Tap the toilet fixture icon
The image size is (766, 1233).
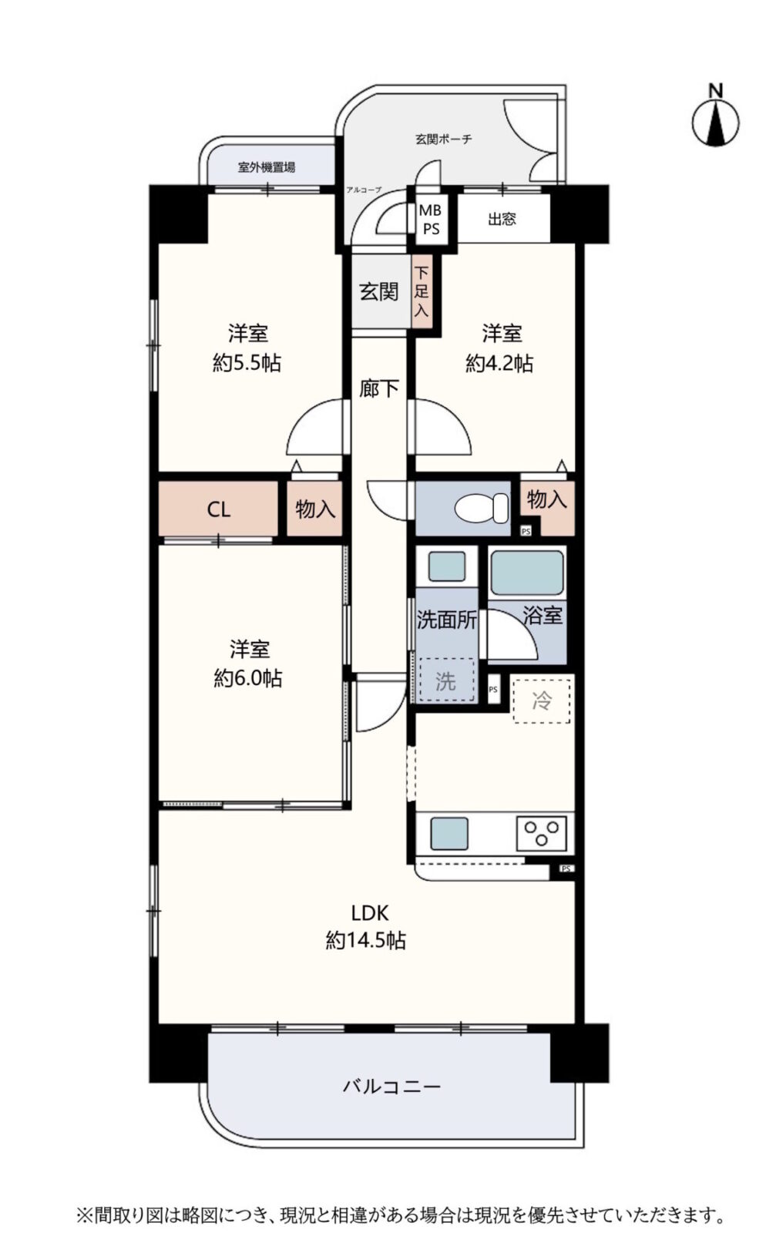[x=482, y=508]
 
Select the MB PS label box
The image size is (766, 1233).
[x=430, y=219]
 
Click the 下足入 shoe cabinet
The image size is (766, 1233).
[x=421, y=291]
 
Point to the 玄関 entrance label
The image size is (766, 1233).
[x=379, y=291]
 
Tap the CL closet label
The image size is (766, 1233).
[x=218, y=509]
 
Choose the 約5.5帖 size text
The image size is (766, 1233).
[x=247, y=363]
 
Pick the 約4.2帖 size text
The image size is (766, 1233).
[x=499, y=363]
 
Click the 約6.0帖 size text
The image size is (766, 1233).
[x=248, y=678]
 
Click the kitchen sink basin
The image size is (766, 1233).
[x=449, y=833]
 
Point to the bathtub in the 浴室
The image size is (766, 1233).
[x=526, y=573]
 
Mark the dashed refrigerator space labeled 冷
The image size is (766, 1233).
[x=542, y=700]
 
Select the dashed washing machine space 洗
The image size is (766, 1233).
[x=446, y=680]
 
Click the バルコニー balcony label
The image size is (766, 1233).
[x=391, y=1087]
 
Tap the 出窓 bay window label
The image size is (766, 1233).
[x=502, y=219]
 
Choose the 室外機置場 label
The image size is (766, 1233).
[x=267, y=166]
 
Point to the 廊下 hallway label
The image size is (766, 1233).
[x=379, y=388]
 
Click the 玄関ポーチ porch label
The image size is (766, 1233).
[x=443, y=139]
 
